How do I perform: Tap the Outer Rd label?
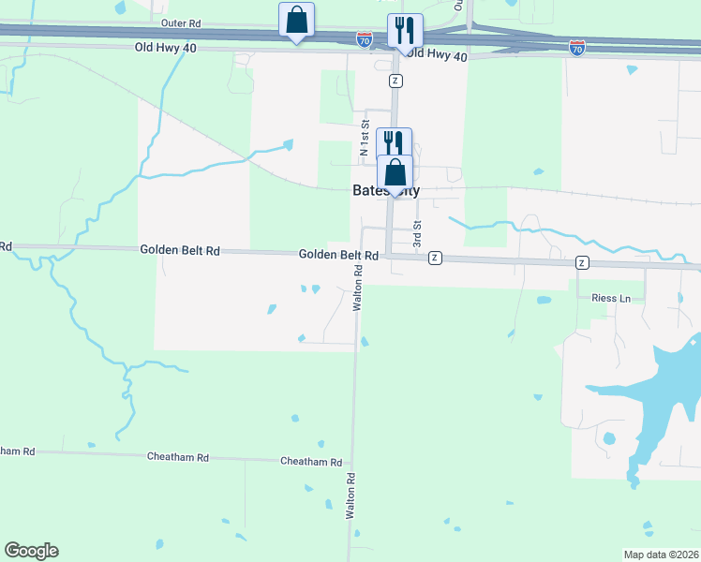[x=181, y=22]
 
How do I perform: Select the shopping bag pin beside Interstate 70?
[x=297, y=21]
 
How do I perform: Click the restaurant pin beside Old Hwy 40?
[x=405, y=31]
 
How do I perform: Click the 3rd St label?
[x=419, y=234]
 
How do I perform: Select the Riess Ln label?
[x=611, y=298]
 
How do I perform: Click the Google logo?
[x=31, y=551]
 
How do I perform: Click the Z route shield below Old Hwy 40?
[x=396, y=81]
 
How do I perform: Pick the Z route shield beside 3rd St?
[x=435, y=258]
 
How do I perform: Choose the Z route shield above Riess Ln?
[x=582, y=262]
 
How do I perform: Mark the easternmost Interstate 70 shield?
[x=577, y=45]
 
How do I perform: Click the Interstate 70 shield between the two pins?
[x=364, y=38]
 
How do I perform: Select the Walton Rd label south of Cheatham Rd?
[x=350, y=496]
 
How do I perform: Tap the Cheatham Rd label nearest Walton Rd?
[x=311, y=462]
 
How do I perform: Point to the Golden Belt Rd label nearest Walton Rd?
[x=338, y=255]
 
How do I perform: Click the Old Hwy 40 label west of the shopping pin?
[x=166, y=47]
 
